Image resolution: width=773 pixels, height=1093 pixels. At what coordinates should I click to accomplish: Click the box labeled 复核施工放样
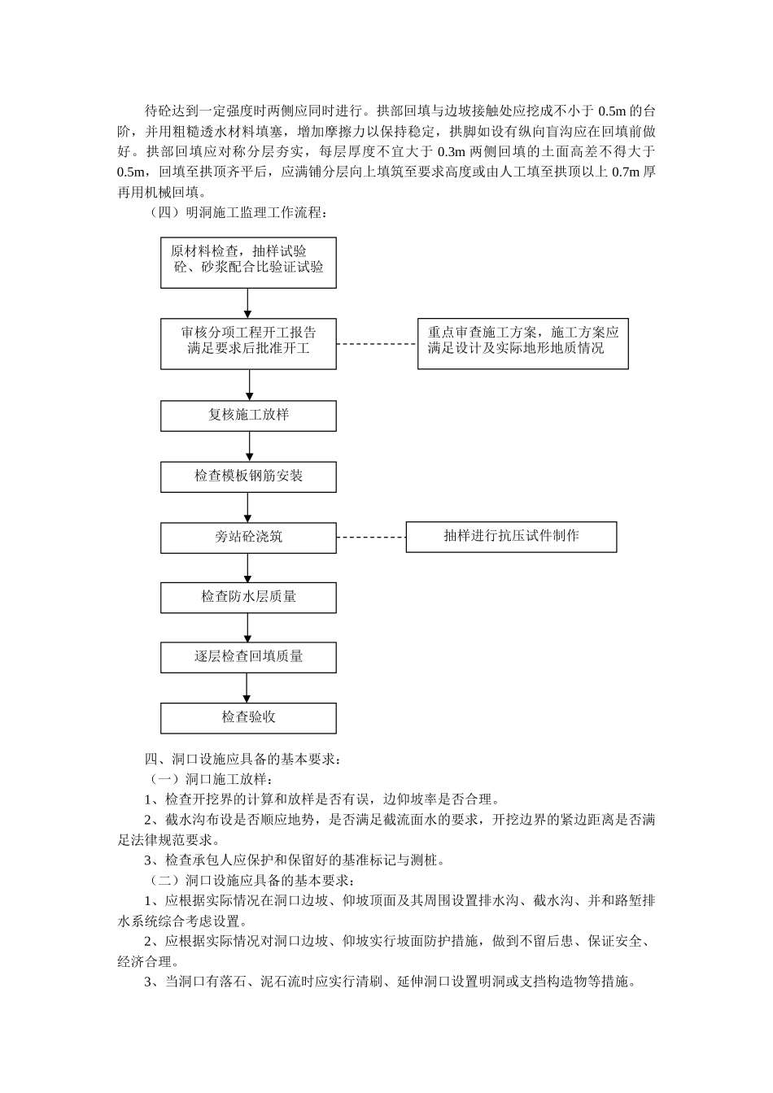click(x=248, y=415)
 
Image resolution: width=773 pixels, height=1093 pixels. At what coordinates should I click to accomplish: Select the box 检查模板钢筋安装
click(x=248, y=476)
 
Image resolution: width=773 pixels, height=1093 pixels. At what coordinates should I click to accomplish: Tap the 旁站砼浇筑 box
click(x=248, y=538)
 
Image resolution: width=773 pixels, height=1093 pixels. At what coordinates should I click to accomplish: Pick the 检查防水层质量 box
click(x=248, y=597)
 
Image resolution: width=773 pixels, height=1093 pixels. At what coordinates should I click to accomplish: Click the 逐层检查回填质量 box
click(x=248, y=657)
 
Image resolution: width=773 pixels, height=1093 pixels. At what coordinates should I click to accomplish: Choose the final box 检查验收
click(x=248, y=717)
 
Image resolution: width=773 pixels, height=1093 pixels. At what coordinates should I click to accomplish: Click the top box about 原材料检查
click(x=248, y=261)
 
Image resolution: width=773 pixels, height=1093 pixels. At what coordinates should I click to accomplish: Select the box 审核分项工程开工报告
click(x=248, y=343)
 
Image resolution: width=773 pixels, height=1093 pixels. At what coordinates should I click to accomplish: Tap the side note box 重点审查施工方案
click(x=522, y=343)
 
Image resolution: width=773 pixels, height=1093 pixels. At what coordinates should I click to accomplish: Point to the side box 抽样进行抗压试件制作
click(x=511, y=537)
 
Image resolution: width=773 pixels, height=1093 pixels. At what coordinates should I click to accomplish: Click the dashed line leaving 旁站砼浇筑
click(x=371, y=538)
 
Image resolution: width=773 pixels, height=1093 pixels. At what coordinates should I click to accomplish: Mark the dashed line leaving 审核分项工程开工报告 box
click(x=377, y=344)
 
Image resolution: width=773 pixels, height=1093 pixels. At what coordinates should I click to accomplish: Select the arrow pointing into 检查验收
click(x=249, y=687)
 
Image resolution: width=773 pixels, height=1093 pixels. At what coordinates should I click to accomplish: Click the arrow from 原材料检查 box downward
click(x=249, y=303)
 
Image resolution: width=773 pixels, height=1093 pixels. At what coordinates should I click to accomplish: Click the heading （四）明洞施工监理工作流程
click(x=237, y=213)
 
